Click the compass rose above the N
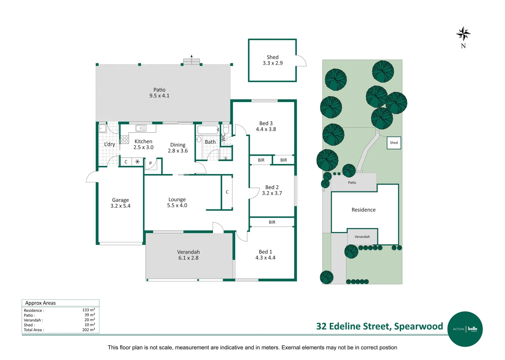(x=463, y=34)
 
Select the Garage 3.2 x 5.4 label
(x=120, y=203)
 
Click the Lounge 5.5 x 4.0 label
(x=177, y=202)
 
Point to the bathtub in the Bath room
(x=208, y=130)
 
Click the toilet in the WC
(x=226, y=129)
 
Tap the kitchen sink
(x=141, y=128)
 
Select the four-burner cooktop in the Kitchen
(x=125, y=139)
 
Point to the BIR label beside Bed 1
(x=272, y=222)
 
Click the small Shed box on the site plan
(x=394, y=143)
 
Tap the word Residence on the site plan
(x=363, y=210)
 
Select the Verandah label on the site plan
(x=362, y=237)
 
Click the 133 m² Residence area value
(x=89, y=310)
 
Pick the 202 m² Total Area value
(x=89, y=330)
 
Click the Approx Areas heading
(x=40, y=303)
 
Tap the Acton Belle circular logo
(x=465, y=329)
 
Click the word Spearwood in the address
(x=418, y=326)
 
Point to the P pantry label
(x=150, y=163)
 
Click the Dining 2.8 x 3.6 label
(x=178, y=148)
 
